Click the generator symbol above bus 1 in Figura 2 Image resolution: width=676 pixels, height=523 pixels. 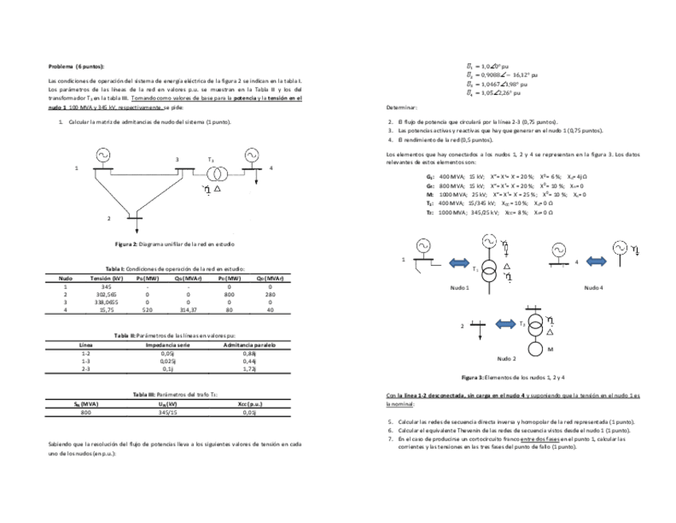101,155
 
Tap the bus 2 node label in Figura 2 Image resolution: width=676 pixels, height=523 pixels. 108,217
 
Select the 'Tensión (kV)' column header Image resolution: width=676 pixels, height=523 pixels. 106,278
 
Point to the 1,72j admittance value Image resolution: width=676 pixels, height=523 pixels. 249,370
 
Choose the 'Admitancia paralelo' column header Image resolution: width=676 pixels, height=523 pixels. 249,344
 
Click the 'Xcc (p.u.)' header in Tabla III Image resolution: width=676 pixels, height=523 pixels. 250,405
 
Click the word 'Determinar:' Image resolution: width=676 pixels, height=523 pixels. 402,106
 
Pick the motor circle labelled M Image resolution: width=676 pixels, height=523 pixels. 536,349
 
